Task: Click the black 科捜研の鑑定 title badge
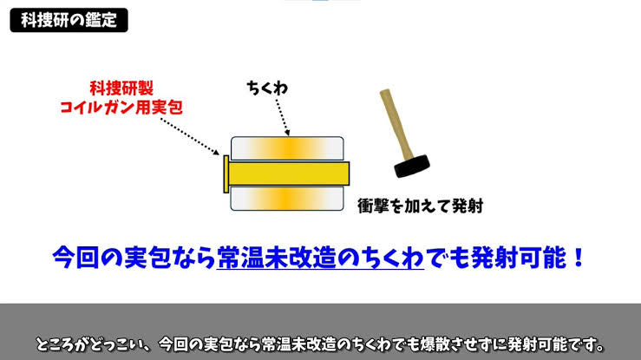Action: click(69, 20)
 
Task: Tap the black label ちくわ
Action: click(267, 88)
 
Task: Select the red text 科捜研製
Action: click(121, 88)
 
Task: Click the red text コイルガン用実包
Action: click(121, 108)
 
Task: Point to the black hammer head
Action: click(412, 166)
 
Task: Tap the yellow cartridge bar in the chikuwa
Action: click(289, 173)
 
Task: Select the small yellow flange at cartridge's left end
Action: click(226, 173)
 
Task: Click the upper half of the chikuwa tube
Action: click(287, 148)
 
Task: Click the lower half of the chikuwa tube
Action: click(287, 199)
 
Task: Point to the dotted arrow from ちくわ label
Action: click(283, 117)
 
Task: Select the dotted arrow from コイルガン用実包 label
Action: click(190, 137)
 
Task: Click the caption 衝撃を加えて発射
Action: click(421, 206)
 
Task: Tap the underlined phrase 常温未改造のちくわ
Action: click(320, 258)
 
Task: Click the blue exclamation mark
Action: click(578, 258)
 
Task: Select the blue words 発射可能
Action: click(520, 258)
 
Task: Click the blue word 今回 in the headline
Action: click(76, 258)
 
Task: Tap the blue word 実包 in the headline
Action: click(147, 258)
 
